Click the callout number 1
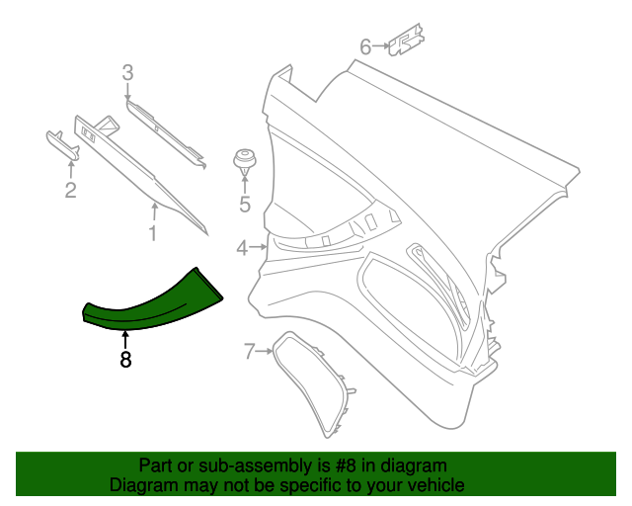pyautogui.click(x=152, y=233)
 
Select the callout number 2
pyautogui.click(x=70, y=191)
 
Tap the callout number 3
pyautogui.click(x=127, y=71)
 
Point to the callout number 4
pyautogui.click(x=242, y=248)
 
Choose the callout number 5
pyautogui.click(x=245, y=206)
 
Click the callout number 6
pyautogui.click(x=365, y=46)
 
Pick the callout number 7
pyautogui.click(x=250, y=350)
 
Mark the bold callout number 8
pyautogui.click(x=125, y=361)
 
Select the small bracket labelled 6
pyautogui.click(x=405, y=43)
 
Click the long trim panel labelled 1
pyautogui.click(x=138, y=163)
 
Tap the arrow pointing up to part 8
pyautogui.click(x=125, y=338)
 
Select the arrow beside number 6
pyautogui.click(x=382, y=46)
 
